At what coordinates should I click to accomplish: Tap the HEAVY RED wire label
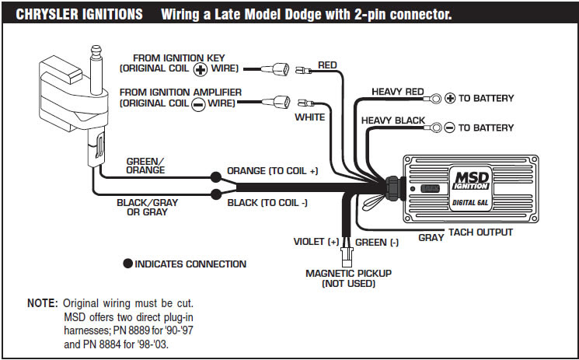pos(397,91)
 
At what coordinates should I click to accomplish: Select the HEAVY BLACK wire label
pos(393,121)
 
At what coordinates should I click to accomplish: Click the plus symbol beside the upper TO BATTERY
pos(448,99)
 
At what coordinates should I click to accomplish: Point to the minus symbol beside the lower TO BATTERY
pos(448,127)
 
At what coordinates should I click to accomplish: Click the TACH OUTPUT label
pos(480,232)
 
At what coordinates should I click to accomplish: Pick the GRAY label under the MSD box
pos(431,237)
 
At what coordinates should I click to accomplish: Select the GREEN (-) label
pos(376,242)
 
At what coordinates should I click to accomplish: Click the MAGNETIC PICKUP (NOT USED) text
pos(348,278)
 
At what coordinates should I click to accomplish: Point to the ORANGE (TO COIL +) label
pos(272,170)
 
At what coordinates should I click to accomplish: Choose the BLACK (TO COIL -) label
pos(267,203)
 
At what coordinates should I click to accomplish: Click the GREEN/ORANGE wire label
pos(145,166)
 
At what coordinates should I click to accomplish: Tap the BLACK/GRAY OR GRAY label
pos(147,207)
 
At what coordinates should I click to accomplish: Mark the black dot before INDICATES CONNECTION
pos(127,264)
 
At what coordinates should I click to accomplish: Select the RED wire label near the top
pos(327,65)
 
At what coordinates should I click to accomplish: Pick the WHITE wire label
pos(309,118)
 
